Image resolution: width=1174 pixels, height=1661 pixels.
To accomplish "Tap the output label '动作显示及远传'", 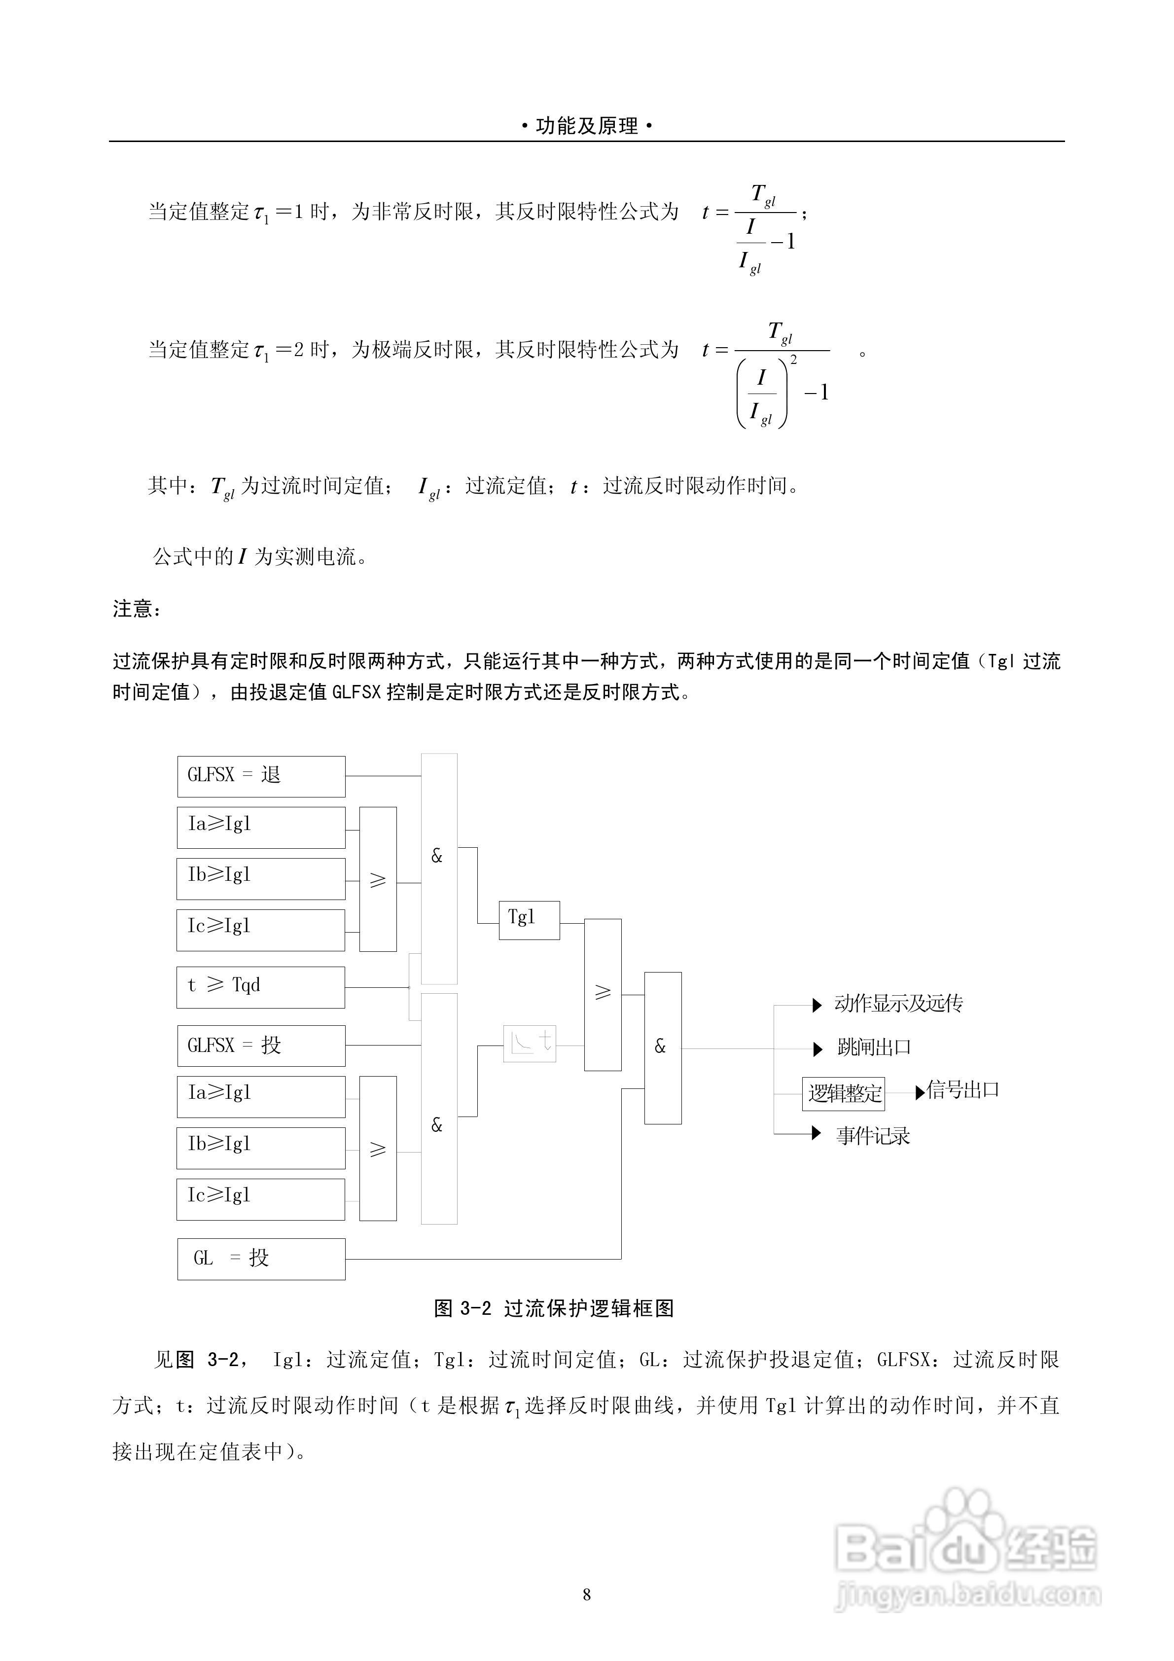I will [x=898, y=1004].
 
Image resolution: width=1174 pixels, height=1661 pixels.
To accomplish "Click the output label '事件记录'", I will [x=873, y=1136].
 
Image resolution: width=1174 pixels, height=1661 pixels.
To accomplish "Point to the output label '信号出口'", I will [x=963, y=1090].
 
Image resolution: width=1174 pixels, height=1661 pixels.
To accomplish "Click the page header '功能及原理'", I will [x=587, y=127].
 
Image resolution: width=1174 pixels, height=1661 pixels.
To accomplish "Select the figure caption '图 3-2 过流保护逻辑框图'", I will [x=554, y=1308].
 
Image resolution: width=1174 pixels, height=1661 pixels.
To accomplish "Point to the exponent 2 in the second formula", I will [x=794, y=360].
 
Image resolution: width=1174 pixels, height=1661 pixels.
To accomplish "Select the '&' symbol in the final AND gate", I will [x=660, y=1046].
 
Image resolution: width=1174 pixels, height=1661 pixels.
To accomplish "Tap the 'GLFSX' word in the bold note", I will [x=356, y=692].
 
